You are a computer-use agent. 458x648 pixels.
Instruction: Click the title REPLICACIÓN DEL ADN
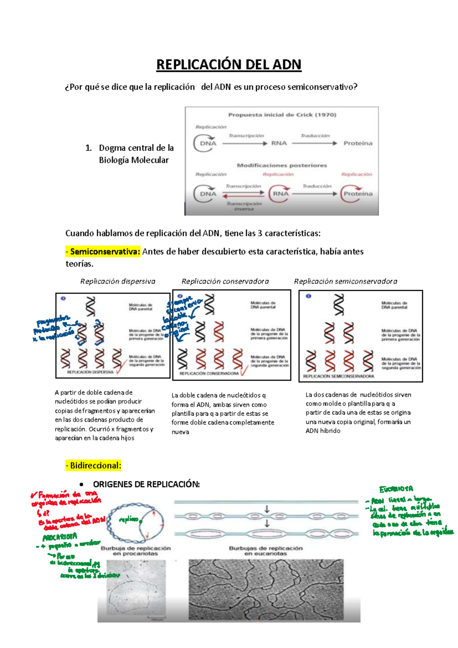[229, 65]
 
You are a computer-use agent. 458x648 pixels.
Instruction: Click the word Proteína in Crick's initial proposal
[358, 143]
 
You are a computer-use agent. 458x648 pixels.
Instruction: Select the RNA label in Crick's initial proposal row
[279, 143]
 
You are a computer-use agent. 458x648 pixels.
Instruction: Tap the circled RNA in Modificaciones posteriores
[280, 194]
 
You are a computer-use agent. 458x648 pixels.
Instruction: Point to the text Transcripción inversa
[244, 206]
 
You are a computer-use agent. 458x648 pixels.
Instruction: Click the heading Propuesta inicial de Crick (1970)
[282, 115]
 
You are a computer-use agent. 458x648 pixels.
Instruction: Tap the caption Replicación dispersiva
[118, 282]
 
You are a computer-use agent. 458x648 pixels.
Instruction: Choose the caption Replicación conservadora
[225, 282]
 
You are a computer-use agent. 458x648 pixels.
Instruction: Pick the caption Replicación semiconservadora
[345, 282]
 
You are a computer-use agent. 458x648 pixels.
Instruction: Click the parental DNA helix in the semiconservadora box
[339, 305]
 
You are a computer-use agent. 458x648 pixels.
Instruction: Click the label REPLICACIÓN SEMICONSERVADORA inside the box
[339, 376]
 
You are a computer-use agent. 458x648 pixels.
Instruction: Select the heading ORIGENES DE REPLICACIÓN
[146, 484]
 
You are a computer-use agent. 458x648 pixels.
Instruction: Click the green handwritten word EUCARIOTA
[396, 489]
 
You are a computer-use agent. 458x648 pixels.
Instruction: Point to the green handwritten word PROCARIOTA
[60, 537]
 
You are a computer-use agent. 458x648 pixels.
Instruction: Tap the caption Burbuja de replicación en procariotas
[135, 551]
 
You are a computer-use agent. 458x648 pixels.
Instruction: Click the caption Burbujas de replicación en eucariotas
[266, 551]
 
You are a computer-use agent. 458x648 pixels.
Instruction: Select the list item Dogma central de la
[136, 148]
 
